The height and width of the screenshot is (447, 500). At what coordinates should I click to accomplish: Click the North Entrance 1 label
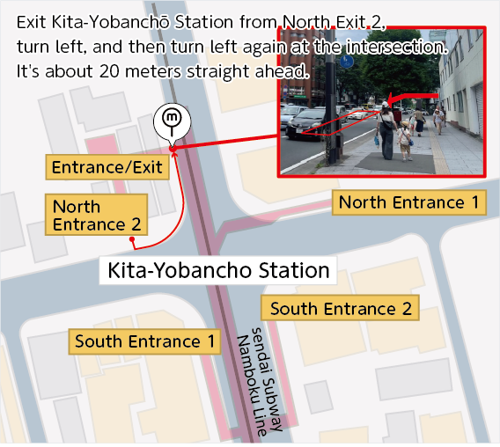pos(409,202)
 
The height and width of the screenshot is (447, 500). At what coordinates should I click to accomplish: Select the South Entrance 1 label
pos(144,341)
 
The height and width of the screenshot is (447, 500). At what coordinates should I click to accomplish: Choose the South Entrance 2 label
pos(340,309)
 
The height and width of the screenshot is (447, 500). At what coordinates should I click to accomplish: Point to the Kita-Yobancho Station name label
pos(217,270)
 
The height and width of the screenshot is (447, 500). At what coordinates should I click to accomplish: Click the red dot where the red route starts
pos(131,239)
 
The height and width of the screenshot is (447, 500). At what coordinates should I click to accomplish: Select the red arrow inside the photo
pos(414,96)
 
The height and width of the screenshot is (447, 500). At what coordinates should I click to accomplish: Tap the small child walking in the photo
pos(405,140)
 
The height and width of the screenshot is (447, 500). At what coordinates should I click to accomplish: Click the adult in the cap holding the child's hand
pos(386,128)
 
